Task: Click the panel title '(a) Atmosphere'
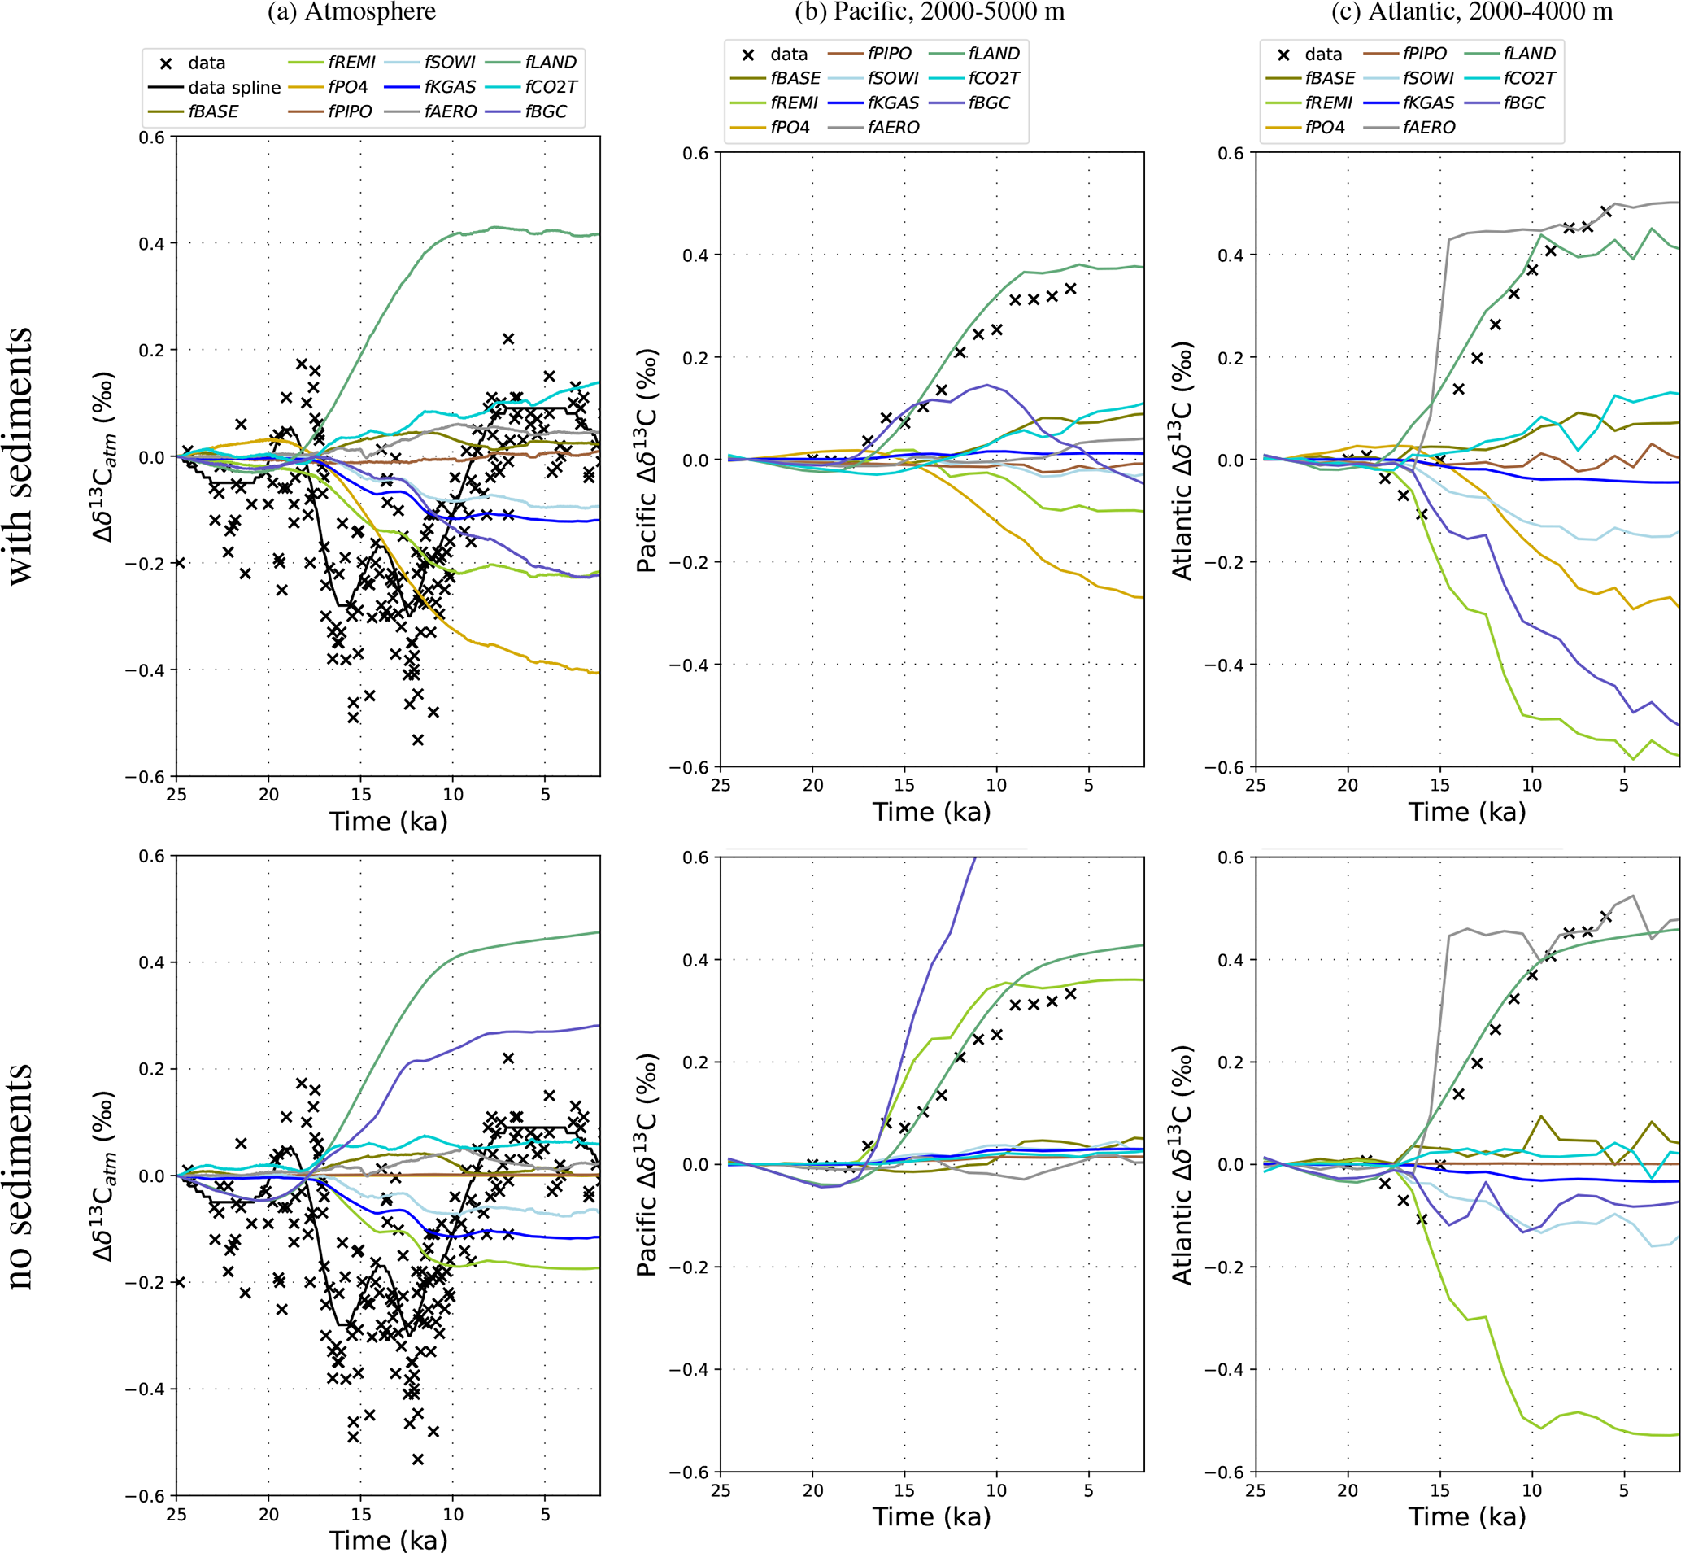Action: [351, 11]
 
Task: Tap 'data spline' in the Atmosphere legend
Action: [233, 87]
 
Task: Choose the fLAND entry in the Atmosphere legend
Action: [551, 62]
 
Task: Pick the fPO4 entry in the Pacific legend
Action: [790, 128]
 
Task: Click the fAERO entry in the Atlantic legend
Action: [1428, 128]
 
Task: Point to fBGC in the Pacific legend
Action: [989, 103]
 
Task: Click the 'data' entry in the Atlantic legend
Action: [1323, 55]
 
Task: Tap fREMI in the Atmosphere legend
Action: [351, 62]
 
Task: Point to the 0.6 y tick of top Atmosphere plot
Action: [152, 137]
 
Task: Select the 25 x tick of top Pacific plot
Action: [720, 785]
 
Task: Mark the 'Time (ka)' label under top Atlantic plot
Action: [1467, 812]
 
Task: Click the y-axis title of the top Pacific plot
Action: [647, 460]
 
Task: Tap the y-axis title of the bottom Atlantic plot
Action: [1182, 1165]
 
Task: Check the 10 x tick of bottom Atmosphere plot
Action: [453, 1514]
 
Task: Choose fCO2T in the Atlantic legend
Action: [1529, 79]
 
